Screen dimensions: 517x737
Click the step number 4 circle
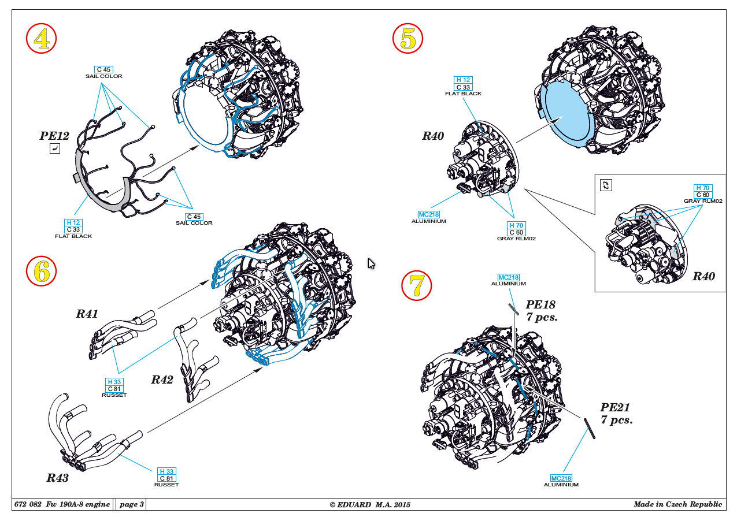tap(41, 39)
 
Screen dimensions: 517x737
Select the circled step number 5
tap(408, 39)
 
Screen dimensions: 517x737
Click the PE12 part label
tap(54, 136)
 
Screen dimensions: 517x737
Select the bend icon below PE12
tap(54, 150)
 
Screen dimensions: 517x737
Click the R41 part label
tap(87, 314)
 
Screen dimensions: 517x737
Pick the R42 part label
tap(162, 380)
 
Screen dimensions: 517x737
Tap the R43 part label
tap(58, 478)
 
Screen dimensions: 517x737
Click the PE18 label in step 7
tap(541, 304)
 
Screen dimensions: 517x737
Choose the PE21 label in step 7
tap(615, 408)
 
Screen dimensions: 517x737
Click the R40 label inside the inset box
tap(703, 276)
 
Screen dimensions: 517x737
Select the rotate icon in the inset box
tap(606, 185)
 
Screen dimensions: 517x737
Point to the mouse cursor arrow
tap(371, 263)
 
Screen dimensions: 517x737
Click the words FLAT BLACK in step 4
tap(73, 236)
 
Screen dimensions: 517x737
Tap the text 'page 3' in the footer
tap(131, 504)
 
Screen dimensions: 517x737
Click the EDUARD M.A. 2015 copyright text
tap(370, 505)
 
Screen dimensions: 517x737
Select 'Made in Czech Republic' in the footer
tap(677, 504)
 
